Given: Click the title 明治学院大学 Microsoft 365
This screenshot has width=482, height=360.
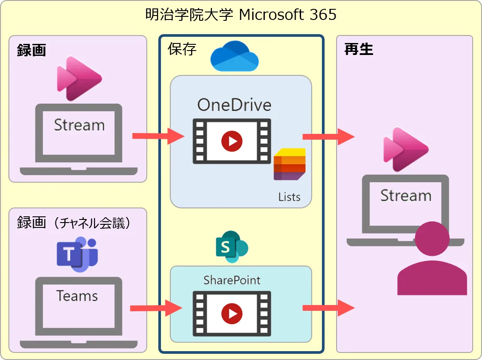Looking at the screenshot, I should pyautogui.click(x=241, y=15).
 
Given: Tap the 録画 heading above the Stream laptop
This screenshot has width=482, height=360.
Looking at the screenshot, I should pyautogui.click(x=31, y=50).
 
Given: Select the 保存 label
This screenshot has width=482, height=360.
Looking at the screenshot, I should pyautogui.click(x=182, y=49).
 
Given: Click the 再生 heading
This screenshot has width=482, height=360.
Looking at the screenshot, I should pyautogui.click(x=359, y=49).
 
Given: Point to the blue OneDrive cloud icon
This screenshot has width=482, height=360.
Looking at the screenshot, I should pyautogui.click(x=234, y=56).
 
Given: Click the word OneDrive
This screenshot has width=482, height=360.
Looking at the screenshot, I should pyautogui.click(x=234, y=105).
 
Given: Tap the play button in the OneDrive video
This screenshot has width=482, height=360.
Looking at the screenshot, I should pyautogui.click(x=231, y=141).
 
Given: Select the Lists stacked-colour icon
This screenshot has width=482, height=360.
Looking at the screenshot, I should pyautogui.click(x=290, y=164).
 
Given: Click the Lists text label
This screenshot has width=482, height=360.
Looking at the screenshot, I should pyautogui.click(x=289, y=196).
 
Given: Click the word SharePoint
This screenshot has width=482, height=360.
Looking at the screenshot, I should pyautogui.click(x=232, y=280).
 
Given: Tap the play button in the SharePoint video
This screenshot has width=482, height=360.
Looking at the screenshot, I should pyautogui.click(x=231, y=313).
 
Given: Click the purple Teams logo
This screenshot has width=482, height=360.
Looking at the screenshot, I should pyautogui.click(x=77, y=254).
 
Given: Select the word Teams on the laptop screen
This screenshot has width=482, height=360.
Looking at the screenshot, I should pyautogui.click(x=77, y=296).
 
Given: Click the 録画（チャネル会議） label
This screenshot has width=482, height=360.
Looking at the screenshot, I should pyautogui.click(x=74, y=222).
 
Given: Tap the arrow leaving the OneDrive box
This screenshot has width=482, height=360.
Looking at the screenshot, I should pyautogui.click(x=329, y=137).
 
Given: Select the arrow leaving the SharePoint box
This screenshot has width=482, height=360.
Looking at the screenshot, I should pyautogui.click(x=329, y=308).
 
